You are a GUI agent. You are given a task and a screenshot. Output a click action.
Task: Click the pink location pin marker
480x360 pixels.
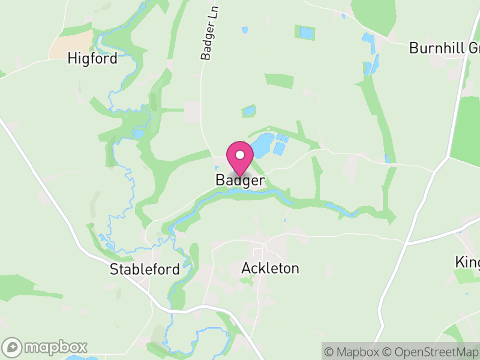[x=240, y=158]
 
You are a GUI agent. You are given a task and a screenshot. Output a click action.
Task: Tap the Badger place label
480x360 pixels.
[x=240, y=180]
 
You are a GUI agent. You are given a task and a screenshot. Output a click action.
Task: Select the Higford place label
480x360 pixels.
[x=92, y=59]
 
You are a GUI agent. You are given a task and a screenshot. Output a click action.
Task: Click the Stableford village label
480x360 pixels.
[x=145, y=269]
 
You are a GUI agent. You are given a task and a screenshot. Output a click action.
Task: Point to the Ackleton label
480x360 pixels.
[x=269, y=268]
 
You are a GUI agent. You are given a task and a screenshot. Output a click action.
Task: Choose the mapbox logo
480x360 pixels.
[x=46, y=347]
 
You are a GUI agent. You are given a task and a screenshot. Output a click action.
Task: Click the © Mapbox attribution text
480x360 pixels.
[x=356, y=352]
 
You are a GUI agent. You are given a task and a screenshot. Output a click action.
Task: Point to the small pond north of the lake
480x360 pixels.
[x=248, y=111]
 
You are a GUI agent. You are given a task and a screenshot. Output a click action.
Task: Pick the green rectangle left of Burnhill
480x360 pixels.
[x=279, y=81]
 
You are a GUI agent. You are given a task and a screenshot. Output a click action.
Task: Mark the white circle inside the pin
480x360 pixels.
[x=240, y=155]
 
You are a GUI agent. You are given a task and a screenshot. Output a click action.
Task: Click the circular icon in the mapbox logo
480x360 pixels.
[x=13, y=347]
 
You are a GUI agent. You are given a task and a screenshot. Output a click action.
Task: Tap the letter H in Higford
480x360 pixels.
[x=73, y=59]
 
